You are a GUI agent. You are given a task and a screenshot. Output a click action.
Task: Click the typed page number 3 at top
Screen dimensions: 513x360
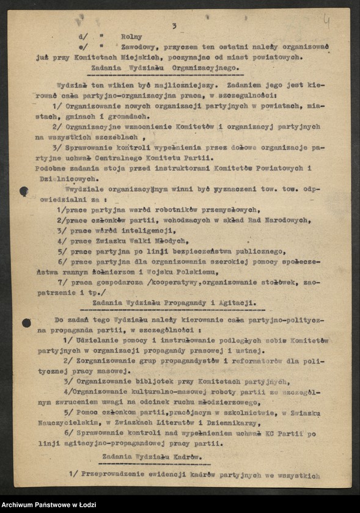coord(174,26)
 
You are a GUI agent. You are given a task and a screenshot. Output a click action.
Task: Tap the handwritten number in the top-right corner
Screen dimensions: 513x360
coord(326,23)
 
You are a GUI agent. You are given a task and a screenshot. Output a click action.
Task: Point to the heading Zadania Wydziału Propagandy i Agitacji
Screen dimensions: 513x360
coord(174,302)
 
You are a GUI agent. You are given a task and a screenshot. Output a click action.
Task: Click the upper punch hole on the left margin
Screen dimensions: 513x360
coord(24,191)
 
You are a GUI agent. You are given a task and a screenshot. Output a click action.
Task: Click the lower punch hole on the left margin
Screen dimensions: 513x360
coord(26,322)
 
